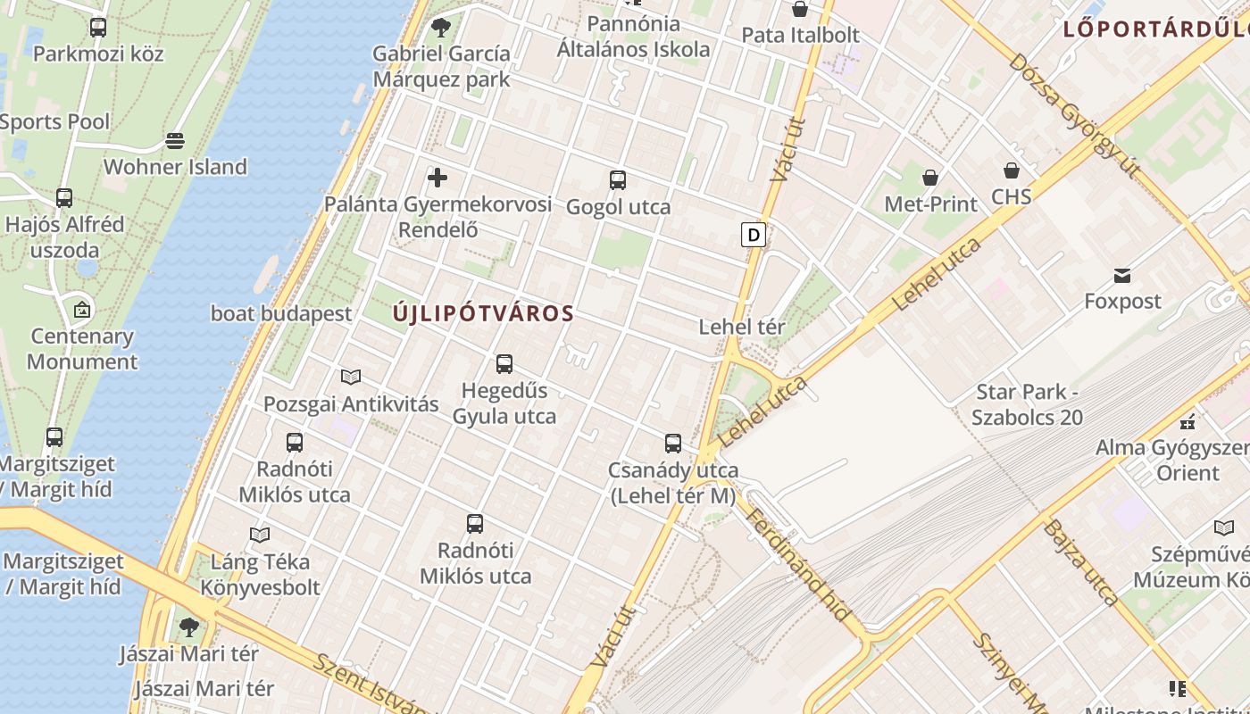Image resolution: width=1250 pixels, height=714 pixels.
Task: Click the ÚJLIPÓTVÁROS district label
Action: point(483,314)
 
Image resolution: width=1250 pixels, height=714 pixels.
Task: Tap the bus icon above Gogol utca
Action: point(617,180)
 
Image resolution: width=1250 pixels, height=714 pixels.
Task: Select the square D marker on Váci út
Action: point(754,235)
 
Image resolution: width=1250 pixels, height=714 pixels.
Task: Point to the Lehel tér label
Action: point(741,327)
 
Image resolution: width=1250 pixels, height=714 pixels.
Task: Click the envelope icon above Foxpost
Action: point(1122,275)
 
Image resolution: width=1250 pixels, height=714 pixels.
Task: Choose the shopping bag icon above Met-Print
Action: point(930,178)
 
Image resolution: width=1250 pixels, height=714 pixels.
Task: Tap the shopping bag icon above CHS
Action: point(1012,170)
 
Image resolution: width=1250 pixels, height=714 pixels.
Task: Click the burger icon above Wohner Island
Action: point(175,141)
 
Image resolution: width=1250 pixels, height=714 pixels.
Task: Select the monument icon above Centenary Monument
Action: point(82,311)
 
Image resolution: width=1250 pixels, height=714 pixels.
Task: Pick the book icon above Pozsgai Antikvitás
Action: point(351,378)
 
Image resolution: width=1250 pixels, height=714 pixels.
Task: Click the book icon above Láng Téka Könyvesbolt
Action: point(260,535)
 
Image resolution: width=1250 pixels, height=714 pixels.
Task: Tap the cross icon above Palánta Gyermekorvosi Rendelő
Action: point(437,178)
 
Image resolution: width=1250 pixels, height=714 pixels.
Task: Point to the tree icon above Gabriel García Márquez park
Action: point(440,28)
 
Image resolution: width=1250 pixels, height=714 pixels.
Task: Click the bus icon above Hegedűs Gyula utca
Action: point(504,364)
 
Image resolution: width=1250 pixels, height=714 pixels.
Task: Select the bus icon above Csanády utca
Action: point(673,444)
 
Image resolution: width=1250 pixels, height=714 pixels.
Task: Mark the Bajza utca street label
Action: point(1080,562)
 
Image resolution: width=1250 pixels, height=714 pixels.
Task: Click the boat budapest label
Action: point(281,314)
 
